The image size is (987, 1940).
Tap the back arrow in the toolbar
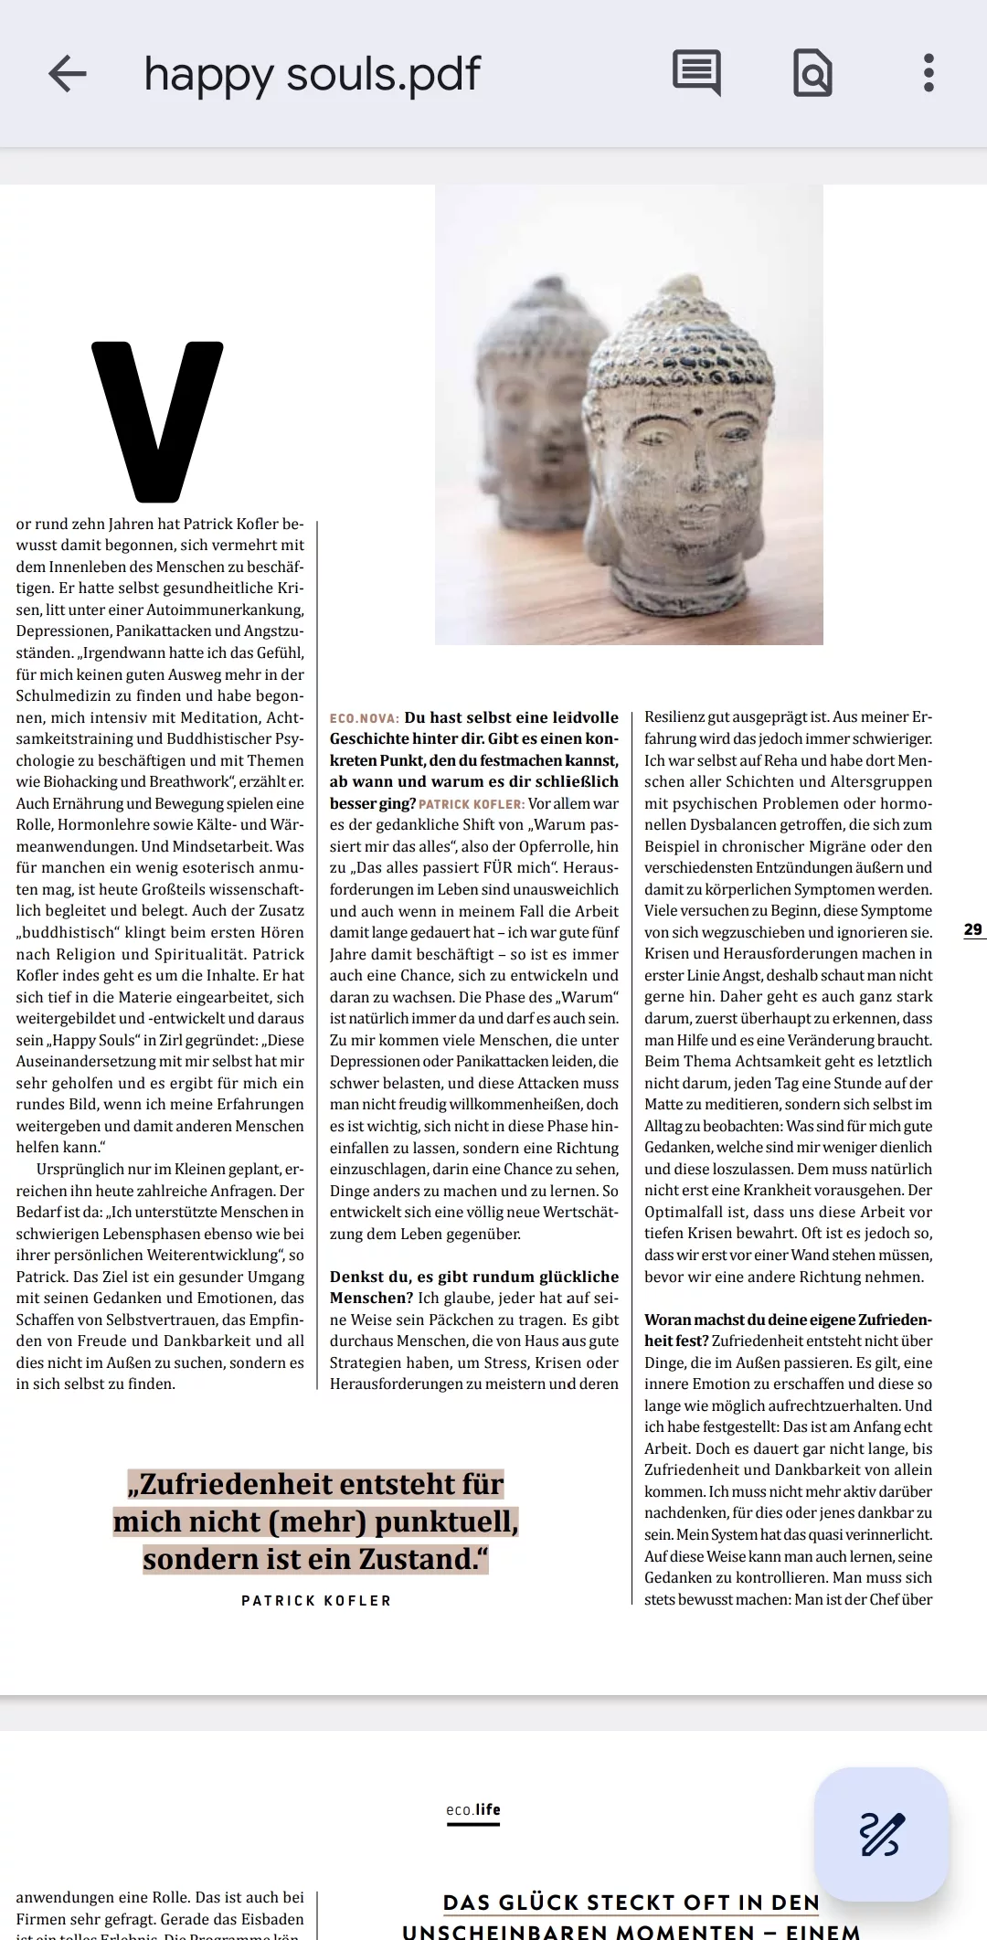tap(68, 73)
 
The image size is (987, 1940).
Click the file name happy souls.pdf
tap(312, 74)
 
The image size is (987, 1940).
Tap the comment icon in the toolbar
tap(696, 72)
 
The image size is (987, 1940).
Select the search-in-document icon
tap(812, 72)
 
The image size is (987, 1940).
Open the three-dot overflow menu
tap(929, 73)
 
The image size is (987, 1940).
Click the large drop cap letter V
tap(157, 421)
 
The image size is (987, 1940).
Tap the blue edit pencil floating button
tap(881, 1834)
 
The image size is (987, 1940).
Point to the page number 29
tap(973, 929)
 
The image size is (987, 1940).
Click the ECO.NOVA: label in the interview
tap(365, 718)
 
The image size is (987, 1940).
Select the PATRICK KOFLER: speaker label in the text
tap(472, 804)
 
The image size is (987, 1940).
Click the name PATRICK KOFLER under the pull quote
tap(316, 1600)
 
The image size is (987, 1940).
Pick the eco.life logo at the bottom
tap(473, 1809)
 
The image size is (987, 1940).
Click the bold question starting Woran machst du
tap(788, 1320)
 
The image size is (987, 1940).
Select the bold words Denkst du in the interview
tap(369, 1277)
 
